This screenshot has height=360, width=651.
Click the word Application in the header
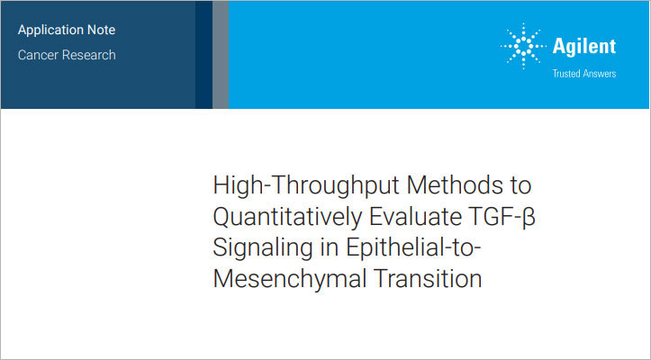[53, 30]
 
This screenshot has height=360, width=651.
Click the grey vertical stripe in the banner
[220, 54]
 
